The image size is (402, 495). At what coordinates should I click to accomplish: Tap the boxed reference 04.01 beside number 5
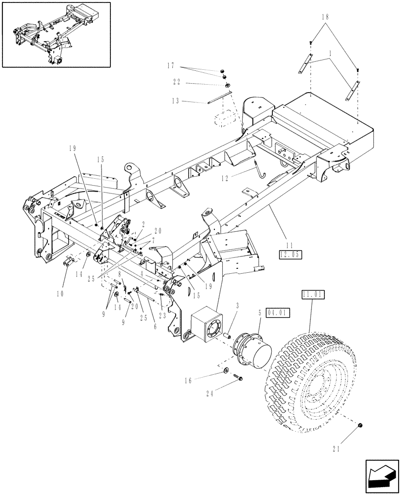pos(279,313)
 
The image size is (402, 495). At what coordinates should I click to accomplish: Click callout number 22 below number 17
pos(177,82)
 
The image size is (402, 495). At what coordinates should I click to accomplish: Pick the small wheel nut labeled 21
pos(360,426)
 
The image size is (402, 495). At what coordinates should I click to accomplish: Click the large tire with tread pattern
pos(312,381)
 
